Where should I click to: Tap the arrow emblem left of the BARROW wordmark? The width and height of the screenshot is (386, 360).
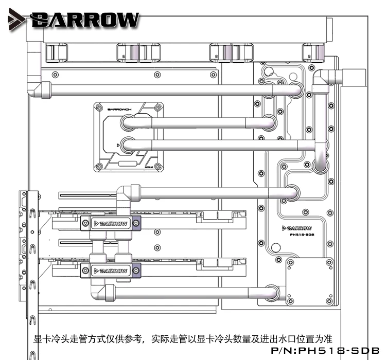click(15, 19)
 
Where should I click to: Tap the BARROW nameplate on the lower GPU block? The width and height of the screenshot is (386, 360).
click(110, 270)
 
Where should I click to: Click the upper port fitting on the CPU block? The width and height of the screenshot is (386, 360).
click(129, 122)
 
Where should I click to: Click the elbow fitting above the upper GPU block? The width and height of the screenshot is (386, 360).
click(126, 194)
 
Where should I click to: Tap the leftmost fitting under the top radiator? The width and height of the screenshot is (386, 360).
click(57, 52)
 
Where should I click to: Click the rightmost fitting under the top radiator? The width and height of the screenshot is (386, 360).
click(311, 52)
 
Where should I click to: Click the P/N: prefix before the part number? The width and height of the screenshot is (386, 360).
click(282, 350)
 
